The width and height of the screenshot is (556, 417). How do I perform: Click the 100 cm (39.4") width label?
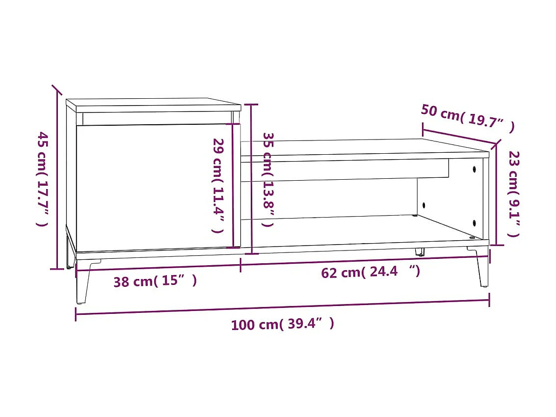(282, 324)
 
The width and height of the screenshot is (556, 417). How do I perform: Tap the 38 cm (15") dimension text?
(155, 281)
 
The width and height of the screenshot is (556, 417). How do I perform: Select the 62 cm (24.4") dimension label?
(371, 272)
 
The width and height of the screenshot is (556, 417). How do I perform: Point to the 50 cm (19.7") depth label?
(468, 118)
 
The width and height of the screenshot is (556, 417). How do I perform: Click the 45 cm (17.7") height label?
(43, 179)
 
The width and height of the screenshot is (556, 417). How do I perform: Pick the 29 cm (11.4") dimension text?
(218, 185)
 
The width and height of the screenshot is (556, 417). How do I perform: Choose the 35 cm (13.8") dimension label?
(267, 179)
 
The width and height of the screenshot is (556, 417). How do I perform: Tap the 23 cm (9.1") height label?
(513, 194)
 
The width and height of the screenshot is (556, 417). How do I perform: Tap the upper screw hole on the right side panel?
(475, 169)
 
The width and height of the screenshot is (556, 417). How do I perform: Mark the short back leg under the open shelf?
(420, 252)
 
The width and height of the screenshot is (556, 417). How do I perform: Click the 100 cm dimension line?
(282, 308)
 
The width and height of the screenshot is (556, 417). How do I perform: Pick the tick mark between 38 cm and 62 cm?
(240, 265)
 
